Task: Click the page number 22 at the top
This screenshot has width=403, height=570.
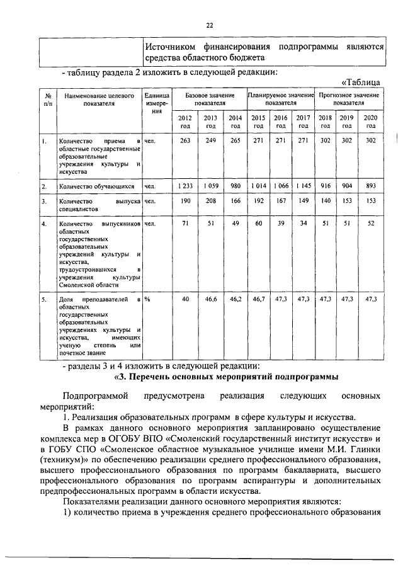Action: (x=210, y=25)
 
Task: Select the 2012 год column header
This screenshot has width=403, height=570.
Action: (x=184, y=122)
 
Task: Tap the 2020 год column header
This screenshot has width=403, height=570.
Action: (x=371, y=122)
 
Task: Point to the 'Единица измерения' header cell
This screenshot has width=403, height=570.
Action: (x=156, y=103)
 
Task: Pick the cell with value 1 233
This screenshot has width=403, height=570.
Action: (x=184, y=186)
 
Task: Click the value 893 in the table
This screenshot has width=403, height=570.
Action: (x=371, y=186)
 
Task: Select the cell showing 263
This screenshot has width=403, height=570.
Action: (x=184, y=141)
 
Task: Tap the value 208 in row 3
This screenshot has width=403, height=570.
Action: (x=210, y=201)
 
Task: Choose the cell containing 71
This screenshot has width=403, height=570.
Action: (x=185, y=224)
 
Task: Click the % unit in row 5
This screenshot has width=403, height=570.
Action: (x=147, y=299)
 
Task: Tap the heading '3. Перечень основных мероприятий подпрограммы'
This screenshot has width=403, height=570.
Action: (x=225, y=377)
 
